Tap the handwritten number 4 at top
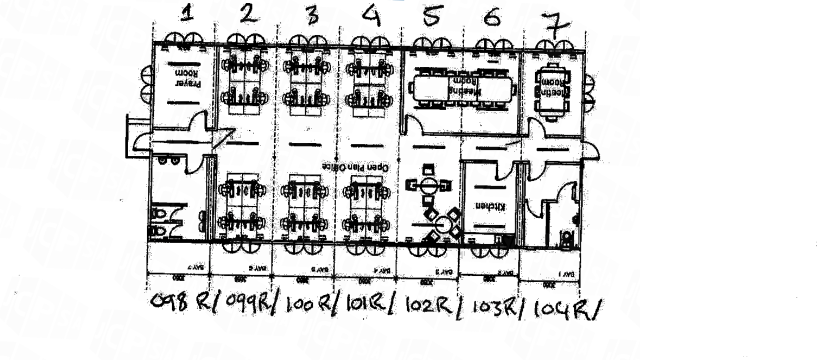click(x=371, y=16)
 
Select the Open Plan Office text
click(x=355, y=167)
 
